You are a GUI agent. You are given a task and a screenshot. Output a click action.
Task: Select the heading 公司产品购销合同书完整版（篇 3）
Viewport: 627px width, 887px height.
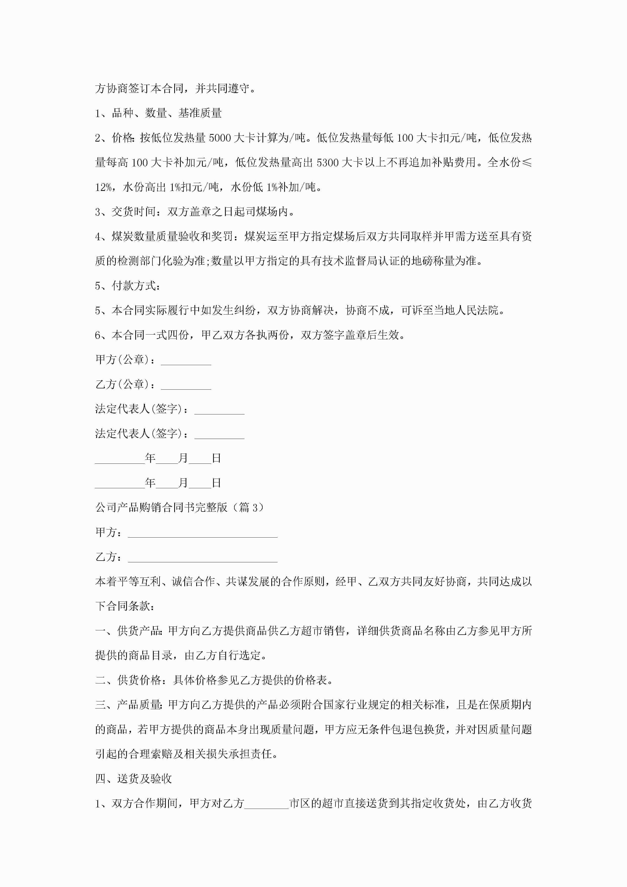180,507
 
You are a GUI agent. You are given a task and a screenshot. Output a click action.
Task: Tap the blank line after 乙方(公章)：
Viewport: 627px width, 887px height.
186,385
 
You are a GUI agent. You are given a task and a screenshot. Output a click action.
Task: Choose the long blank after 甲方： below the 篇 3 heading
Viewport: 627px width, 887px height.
203,532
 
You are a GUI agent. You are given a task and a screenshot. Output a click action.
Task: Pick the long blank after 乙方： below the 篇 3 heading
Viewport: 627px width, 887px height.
203,557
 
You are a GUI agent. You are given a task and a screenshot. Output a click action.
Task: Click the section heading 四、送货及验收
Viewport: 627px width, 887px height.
133,779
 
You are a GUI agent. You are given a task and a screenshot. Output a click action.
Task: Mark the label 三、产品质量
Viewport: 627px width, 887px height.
128,705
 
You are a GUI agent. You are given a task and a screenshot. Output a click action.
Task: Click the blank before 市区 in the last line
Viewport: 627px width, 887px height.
266,804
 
